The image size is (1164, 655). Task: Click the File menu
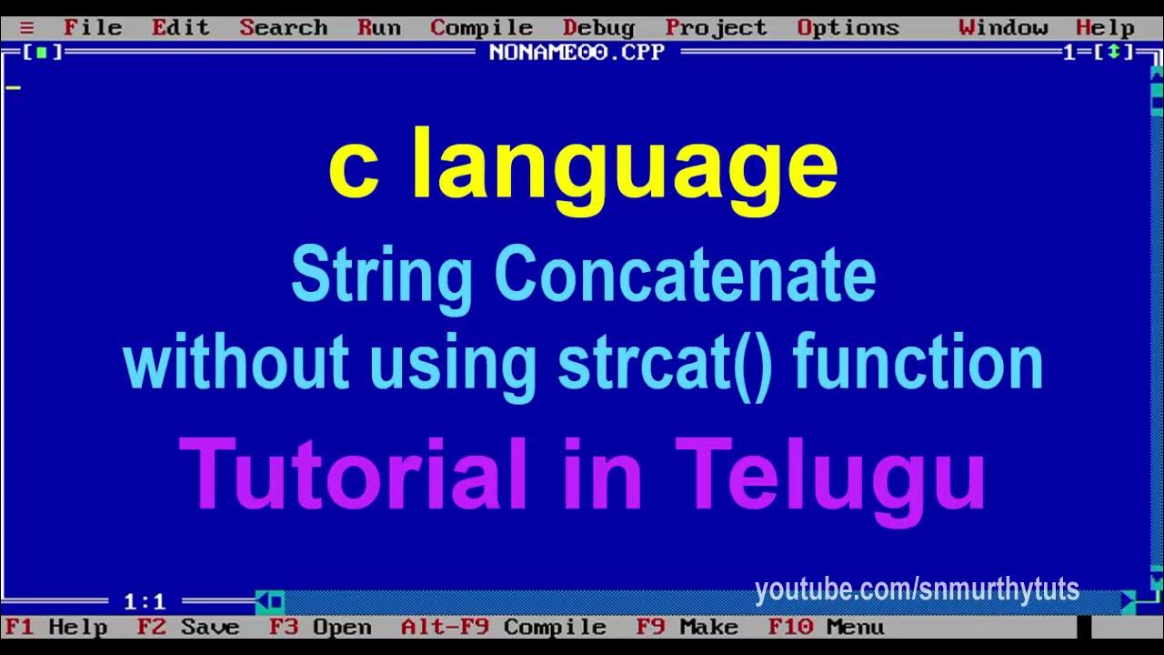tap(92, 27)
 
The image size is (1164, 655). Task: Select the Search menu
tap(283, 27)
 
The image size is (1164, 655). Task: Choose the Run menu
tap(378, 27)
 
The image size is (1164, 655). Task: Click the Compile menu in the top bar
tap(481, 27)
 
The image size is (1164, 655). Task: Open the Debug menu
tap(598, 27)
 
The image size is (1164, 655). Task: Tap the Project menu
tap(716, 27)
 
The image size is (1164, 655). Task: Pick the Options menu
tap(848, 27)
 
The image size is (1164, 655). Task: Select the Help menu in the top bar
tap(1105, 27)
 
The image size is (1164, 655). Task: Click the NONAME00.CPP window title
tap(577, 52)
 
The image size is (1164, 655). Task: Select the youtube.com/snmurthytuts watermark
tap(917, 589)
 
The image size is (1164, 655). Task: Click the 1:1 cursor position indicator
tap(145, 601)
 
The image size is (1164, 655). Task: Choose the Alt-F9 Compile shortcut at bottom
tap(503, 627)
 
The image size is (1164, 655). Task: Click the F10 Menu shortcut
tap(825, 627)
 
